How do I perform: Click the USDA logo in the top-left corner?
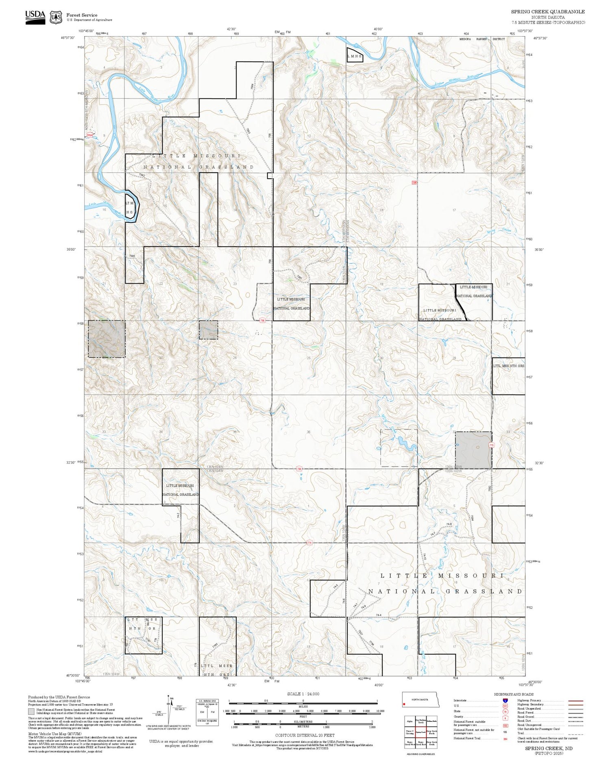(35, 17)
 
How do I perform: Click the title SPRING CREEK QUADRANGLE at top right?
(548, 12)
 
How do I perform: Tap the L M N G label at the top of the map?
(354, 56)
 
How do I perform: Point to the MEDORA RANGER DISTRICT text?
(482, 39)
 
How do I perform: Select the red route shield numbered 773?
(491, 445)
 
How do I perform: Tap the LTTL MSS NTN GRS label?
(508, 366)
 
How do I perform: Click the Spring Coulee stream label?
(499, 231)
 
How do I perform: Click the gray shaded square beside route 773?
(473, 450)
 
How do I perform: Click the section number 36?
(309, 432)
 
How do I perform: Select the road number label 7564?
(253, 87)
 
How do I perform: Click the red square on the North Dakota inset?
(404, 704)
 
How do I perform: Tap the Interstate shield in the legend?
(505, 700)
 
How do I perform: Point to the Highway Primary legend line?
(573, 701)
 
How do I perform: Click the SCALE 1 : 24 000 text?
(303, 694)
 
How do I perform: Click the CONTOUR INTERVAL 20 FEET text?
(305, 735)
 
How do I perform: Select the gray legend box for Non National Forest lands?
(31, 712)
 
